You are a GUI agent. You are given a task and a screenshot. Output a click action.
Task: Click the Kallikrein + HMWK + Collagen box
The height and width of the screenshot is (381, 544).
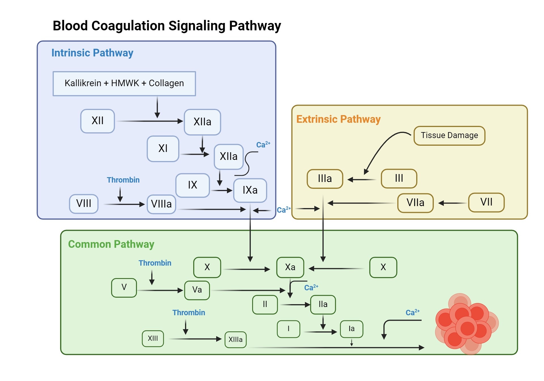[124, 83]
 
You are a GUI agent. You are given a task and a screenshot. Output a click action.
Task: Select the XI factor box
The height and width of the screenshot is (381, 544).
[163, 149]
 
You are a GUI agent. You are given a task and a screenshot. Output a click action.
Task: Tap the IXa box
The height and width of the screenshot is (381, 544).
[250, 190]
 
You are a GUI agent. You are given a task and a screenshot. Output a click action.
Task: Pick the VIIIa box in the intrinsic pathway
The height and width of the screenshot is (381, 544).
[161, 204]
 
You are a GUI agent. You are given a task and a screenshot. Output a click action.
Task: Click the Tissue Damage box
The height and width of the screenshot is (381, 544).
[449, 136]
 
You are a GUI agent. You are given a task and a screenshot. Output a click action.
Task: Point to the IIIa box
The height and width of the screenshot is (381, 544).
[325, 179]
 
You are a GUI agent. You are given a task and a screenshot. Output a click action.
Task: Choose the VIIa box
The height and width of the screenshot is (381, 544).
[415, 203]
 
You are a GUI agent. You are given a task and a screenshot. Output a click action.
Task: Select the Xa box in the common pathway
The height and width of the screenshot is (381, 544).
[290, 267]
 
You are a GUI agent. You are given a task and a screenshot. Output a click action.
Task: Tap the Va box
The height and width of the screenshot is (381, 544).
[197, 290]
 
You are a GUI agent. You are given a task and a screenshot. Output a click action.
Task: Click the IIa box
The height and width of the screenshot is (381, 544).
[323, 304]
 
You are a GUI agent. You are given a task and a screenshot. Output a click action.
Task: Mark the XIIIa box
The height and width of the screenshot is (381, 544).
[235, 340]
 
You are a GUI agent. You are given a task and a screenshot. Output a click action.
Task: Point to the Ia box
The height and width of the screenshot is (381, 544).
[351, 329]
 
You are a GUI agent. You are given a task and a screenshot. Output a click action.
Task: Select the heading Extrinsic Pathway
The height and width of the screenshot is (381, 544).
[338, 119]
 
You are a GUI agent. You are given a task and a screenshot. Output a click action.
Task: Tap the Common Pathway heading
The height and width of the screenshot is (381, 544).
[111, 244]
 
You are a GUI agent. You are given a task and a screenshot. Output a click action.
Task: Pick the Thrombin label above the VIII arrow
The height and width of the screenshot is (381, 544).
[123, 180]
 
